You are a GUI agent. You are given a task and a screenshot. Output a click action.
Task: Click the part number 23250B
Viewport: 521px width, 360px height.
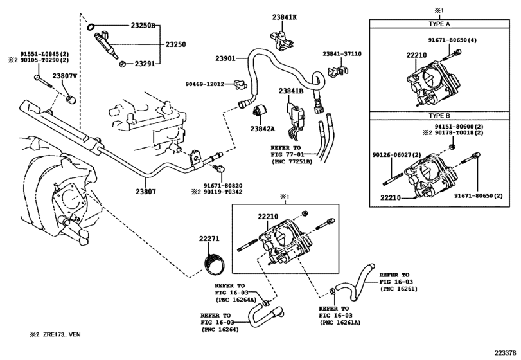[x=143, y=26]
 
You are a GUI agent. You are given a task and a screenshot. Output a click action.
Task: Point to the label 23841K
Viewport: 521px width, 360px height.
[x=285, y=17]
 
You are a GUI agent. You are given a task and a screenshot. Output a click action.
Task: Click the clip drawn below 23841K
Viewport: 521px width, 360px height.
[x=281, y=41]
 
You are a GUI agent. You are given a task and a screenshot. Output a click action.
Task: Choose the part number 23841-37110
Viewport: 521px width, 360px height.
[x=342, y=54]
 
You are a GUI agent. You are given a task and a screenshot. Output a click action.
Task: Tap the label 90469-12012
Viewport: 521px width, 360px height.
[x=205, y=84]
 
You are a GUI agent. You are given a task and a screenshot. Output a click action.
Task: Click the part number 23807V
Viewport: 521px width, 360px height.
[x=64, y=76]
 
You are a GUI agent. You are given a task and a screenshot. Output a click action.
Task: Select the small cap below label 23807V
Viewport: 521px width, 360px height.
[x=71, y=99]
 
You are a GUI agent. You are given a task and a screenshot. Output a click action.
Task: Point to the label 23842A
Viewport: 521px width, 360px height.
[x=263, y=129]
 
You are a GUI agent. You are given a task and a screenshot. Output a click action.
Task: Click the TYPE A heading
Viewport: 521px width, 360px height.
[x=439, y=24]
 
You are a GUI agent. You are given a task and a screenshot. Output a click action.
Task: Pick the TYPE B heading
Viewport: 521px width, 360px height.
[x=439, y=116]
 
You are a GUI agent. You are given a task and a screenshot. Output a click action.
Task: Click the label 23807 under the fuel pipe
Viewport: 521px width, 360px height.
[x=146, y=192]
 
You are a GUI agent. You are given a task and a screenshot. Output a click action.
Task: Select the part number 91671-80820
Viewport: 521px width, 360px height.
[x=223, y=186]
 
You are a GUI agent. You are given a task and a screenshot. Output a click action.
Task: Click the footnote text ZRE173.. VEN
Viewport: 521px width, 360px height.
[x=62, y=334]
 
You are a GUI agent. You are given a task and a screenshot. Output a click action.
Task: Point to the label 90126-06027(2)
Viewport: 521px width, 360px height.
[x=397, y=155]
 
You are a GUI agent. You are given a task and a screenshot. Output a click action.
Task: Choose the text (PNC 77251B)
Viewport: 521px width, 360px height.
[x=291, y=162]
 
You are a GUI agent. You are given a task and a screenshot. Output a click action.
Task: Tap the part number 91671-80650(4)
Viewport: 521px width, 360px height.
[x=452, y=40]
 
